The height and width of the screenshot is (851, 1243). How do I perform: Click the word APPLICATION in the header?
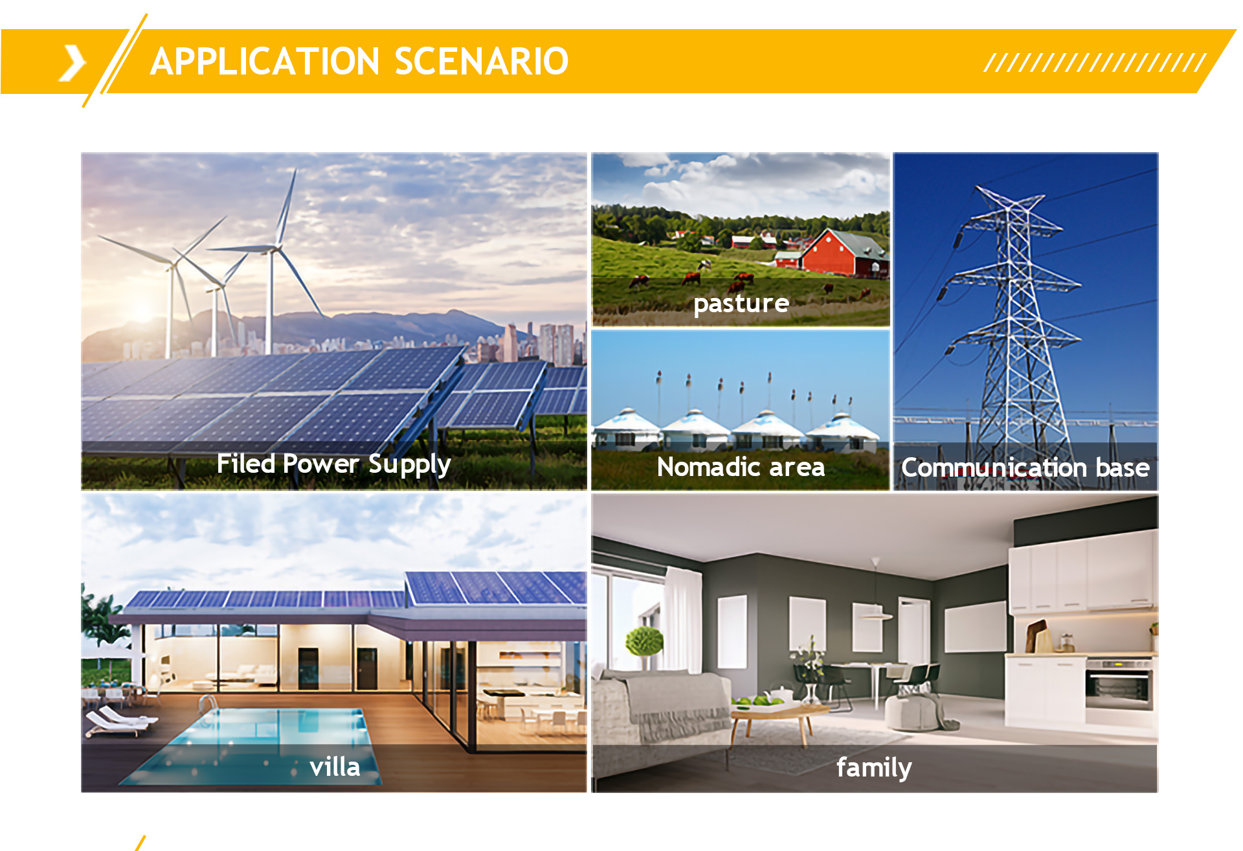click(265, 62)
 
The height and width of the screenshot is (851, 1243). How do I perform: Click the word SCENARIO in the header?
click(481, 62)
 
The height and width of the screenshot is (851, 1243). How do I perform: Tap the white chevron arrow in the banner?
click(73, 63)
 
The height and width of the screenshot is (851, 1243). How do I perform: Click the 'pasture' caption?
click(741, 304)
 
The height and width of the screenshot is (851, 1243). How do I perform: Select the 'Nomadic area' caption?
click(741, 467)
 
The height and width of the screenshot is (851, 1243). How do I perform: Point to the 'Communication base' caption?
click(1025, 468)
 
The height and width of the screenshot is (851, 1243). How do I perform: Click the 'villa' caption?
click(335, 767)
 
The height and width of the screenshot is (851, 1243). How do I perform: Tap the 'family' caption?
click(874, 768)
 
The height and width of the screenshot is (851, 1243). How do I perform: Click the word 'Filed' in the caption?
click(246, 464)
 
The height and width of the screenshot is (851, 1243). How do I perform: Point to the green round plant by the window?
click(644, 641)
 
